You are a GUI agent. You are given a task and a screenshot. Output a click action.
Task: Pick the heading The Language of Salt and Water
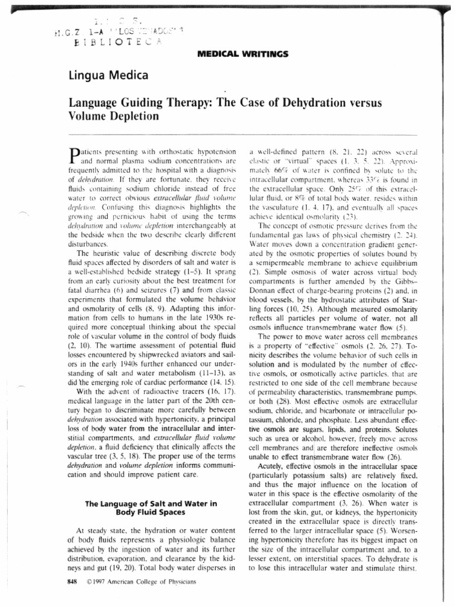click(151, 503)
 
